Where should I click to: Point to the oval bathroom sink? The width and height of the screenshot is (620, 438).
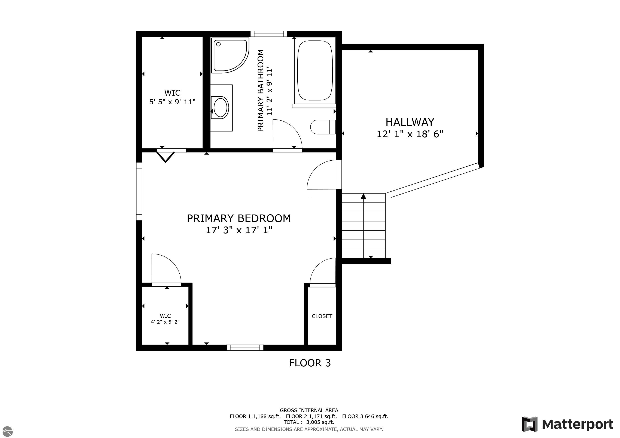point(220,107)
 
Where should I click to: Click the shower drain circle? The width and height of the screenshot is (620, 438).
point(218,44)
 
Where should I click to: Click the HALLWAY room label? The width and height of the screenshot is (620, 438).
point(410,122)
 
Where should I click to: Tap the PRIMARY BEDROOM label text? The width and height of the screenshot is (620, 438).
point(239,218)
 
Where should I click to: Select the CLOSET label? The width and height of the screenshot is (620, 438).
point(322,316)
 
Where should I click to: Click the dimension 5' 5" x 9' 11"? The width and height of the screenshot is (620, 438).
point(172,102)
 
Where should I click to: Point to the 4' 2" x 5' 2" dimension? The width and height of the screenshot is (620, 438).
point(165,322)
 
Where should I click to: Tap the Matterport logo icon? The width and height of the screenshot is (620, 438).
point(529,424)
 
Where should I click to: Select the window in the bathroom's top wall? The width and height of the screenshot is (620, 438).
point(268,34)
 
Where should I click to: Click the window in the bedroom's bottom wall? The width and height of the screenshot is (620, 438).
point(245,348)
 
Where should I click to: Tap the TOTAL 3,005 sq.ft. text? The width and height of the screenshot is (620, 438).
point(309,422)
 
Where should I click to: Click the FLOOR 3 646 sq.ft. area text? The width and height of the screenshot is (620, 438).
point(365,416)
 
